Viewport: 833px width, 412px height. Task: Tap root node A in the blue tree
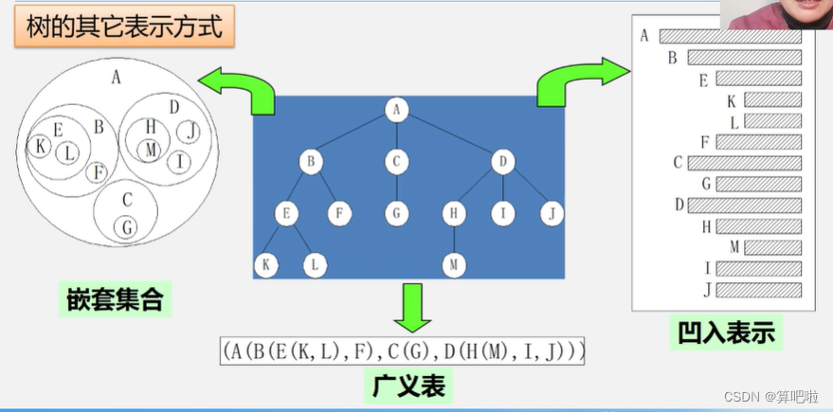[x=396, y=111]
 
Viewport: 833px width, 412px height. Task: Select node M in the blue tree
[x=453, y=265]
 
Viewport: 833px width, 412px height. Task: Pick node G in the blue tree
[x=396, y=214]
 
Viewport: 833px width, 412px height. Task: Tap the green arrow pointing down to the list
[x=412, y=305]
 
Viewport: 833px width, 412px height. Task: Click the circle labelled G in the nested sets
[x=126, y=227]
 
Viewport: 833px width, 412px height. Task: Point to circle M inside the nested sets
[x=150, y=150]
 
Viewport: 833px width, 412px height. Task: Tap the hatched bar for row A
[x=730, y=37]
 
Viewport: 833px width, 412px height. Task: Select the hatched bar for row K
[x=772, y=99]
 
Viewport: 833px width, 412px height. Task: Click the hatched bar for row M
[x=772, y=247]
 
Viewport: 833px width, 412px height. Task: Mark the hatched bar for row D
[x=744, y=205]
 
